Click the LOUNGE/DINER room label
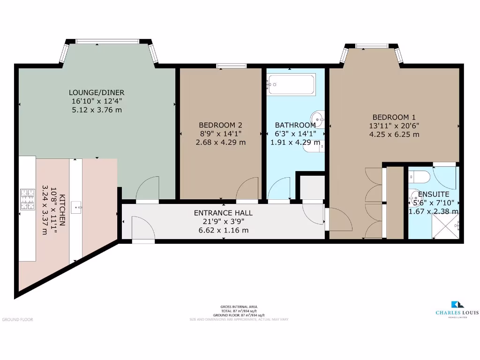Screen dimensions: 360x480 click(x=97, y=92)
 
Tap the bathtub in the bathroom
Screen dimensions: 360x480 click(x=291, y=84)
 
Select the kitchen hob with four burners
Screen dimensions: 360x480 click(x=27, y=199)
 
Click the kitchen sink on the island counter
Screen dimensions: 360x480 click(x=76, y=205)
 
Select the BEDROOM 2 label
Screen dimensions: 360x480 click(x=220, y=125)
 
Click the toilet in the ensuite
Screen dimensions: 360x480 click(x=419, y=177)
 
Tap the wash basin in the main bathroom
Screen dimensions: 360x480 click(x=318, y=118)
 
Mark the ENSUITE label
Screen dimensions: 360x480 click(x=433, y=194)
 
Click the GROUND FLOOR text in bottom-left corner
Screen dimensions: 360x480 click(x=17, y=320)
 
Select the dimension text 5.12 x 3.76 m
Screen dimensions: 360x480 click(x=97, y=110)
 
